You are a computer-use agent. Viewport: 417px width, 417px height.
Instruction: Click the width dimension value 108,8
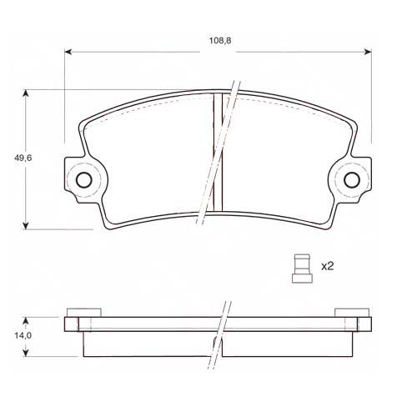[219, 39]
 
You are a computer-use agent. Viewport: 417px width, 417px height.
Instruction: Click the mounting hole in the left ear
[83, 179]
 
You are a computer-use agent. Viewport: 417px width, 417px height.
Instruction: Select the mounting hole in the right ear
[351, 179]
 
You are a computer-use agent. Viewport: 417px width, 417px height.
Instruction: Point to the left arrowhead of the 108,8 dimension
[68, 52]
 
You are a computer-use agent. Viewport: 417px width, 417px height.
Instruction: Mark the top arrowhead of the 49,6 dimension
[28, 93]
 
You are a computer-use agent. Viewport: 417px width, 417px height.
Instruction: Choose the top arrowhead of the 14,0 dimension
[28, 319]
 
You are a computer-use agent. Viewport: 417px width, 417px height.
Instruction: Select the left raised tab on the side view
[83, 314]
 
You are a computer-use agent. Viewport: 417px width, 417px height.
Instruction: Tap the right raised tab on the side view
[351, 314]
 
